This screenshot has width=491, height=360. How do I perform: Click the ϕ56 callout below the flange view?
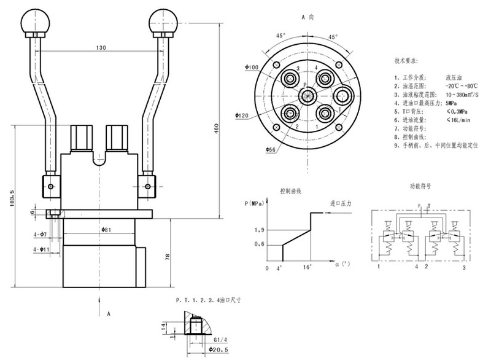click(254, 149)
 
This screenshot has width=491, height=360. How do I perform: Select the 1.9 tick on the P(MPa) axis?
click(259, 230)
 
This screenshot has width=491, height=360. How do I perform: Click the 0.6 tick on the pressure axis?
click(259, 245)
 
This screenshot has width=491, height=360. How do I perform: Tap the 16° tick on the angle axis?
click(308, 268)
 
